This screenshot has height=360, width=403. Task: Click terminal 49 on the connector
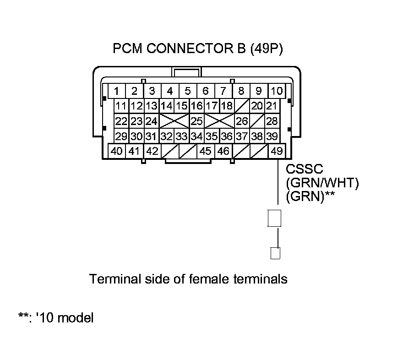[x=277, y=151]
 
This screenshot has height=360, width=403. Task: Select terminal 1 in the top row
[x=117, y=91]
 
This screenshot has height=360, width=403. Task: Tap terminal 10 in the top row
[x=276, y=91]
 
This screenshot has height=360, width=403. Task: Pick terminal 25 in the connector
[x=197, y=121]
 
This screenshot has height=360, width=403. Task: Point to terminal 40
[x=117, y=151]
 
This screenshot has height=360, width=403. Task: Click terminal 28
[x=272, y=121]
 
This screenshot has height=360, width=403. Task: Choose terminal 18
[x=227, y=106]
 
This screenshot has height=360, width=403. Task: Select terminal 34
[x=197, y=136]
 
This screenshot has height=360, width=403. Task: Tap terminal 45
[x=206, y=151]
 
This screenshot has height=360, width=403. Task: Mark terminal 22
[x=121, y=121]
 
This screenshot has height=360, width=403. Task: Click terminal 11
[x=121, y=106]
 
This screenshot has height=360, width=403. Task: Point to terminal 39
[x=272, y=136]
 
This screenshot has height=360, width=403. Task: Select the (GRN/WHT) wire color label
[x=322, y=184]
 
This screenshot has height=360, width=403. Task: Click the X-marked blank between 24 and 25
[x=174, y=121]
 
